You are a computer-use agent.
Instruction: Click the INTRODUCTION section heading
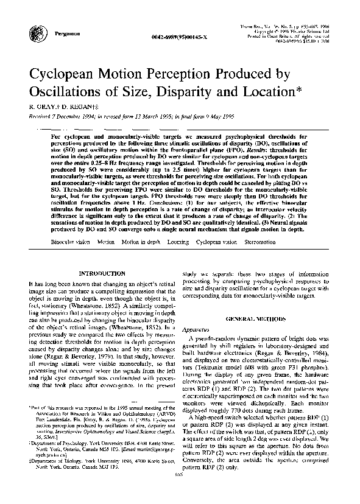[x=102, y=273]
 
